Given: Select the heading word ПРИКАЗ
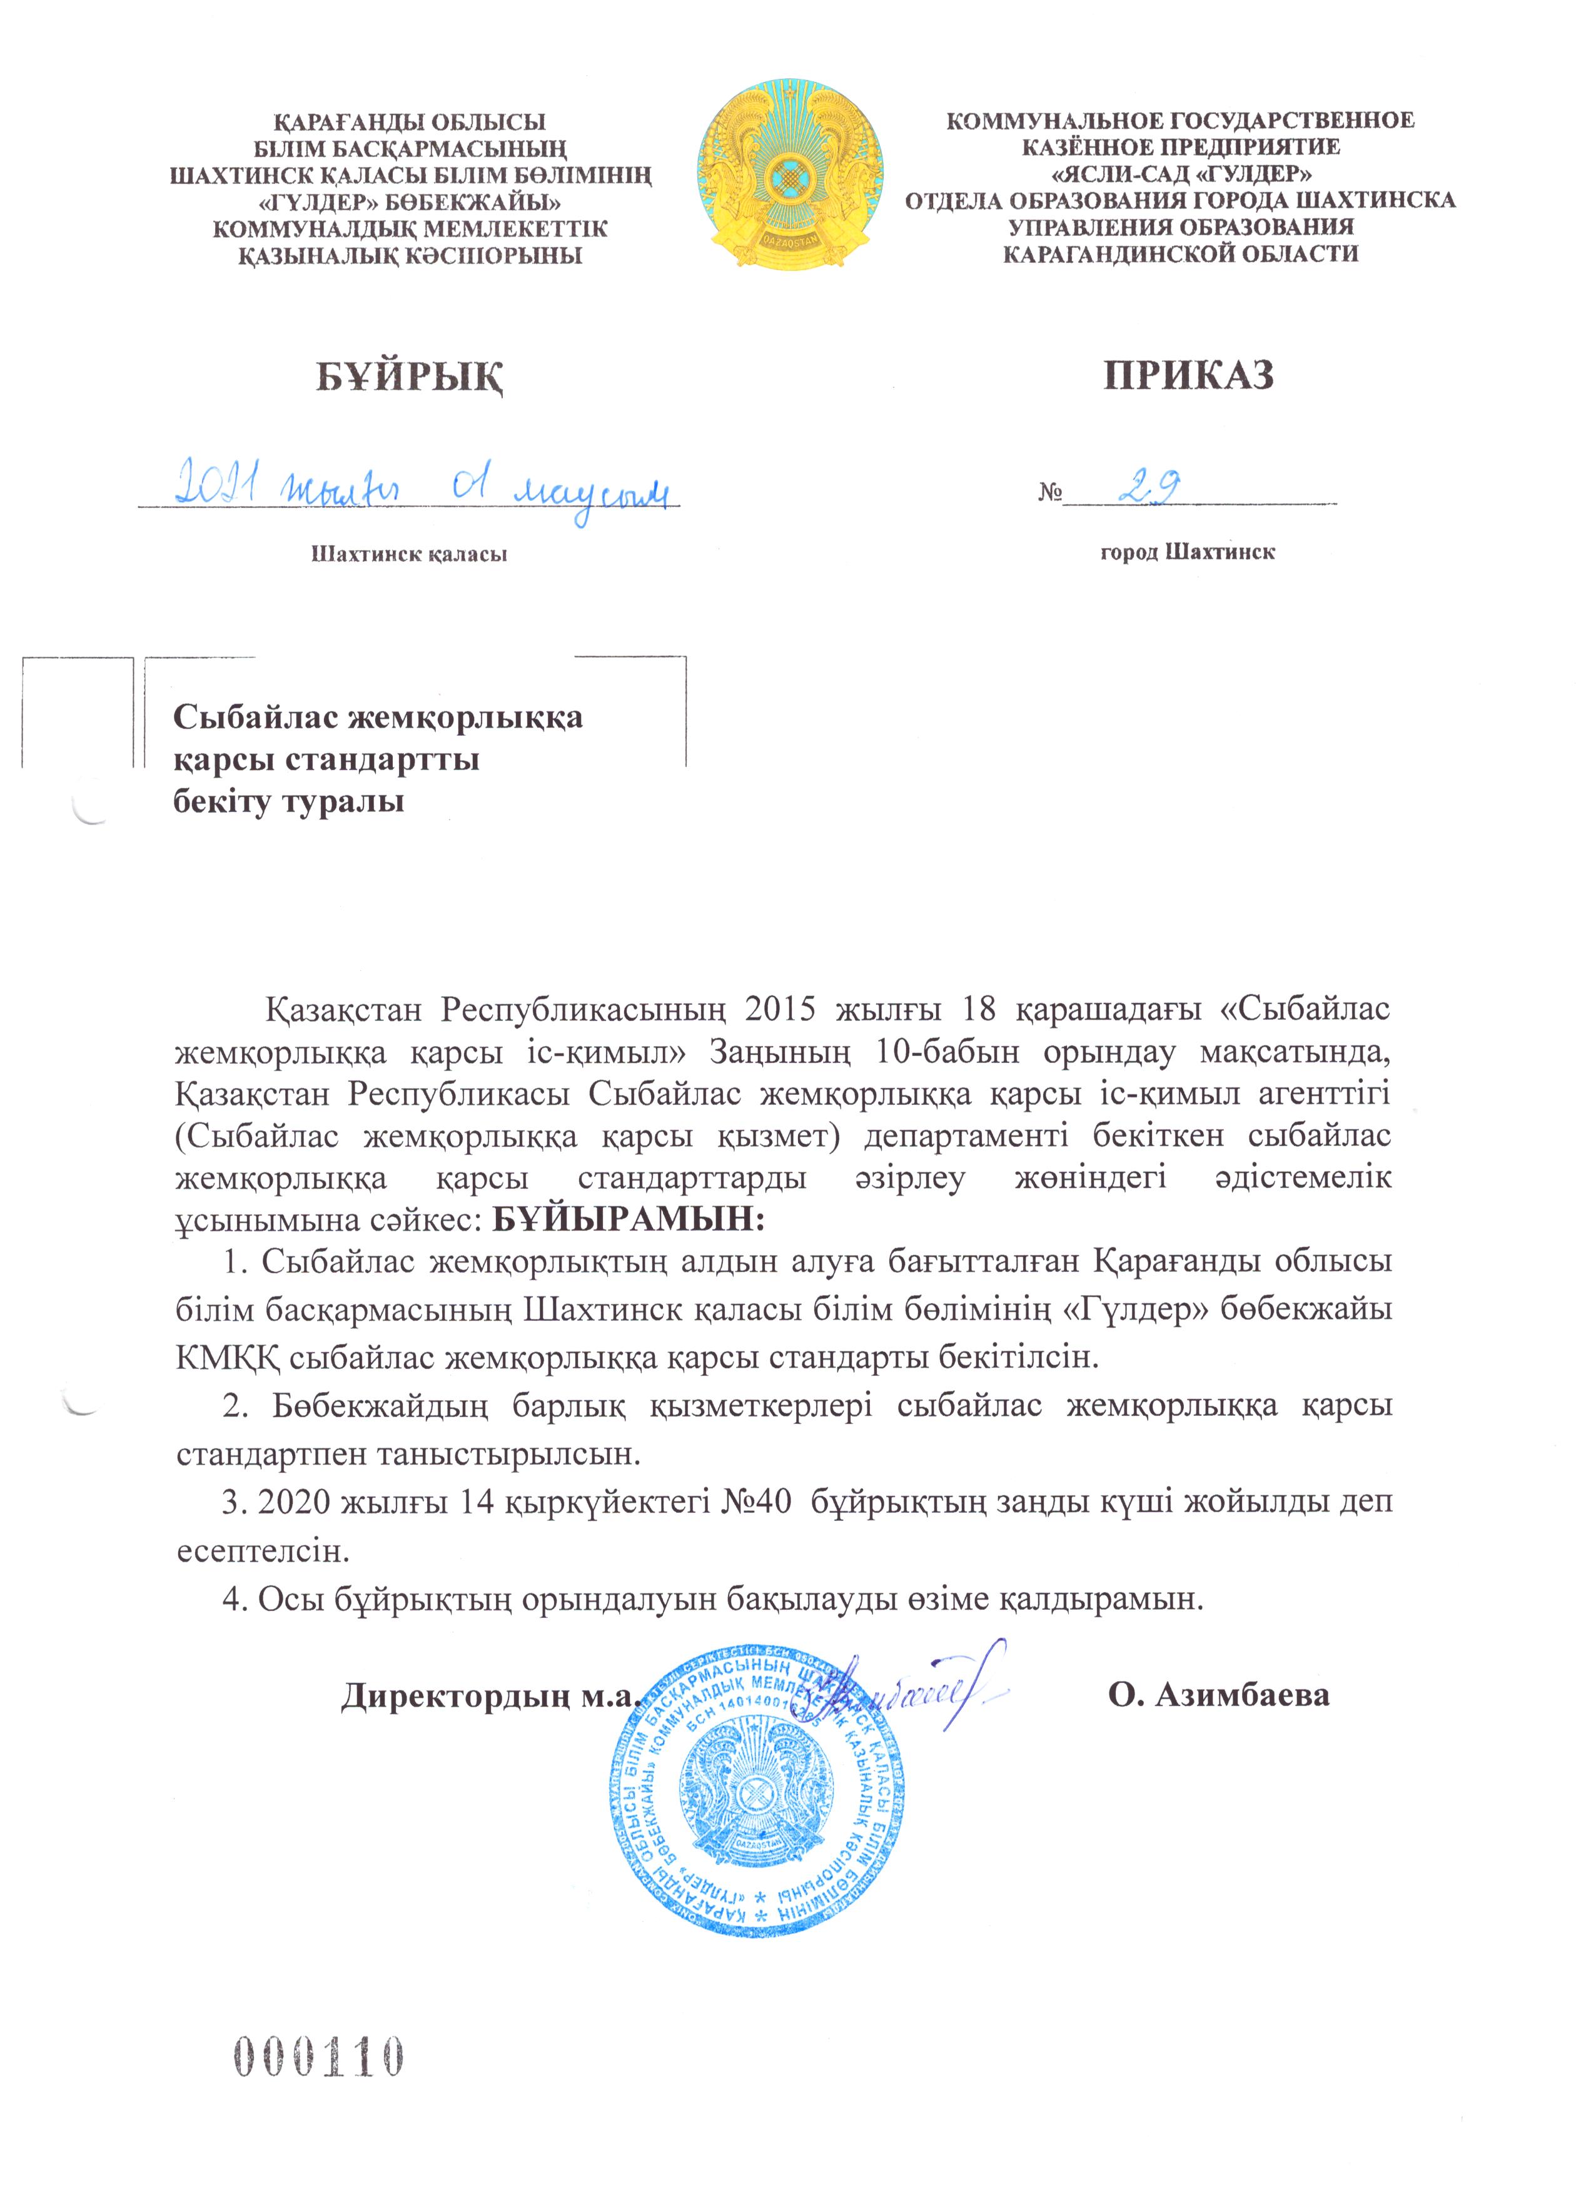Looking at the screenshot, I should (x=1188, y=375).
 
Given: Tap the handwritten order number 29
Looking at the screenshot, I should (x=1149, y=489).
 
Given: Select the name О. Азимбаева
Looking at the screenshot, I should (x=1218, y=1694).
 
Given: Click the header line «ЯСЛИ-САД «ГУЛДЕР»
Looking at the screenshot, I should (x=1181, y=175).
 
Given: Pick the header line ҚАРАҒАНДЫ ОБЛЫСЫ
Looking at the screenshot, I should (x=410, y=122).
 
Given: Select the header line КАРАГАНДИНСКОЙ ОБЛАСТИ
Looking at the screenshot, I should (x=1181, y=253).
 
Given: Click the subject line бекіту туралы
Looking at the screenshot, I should (x=288, y=801).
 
